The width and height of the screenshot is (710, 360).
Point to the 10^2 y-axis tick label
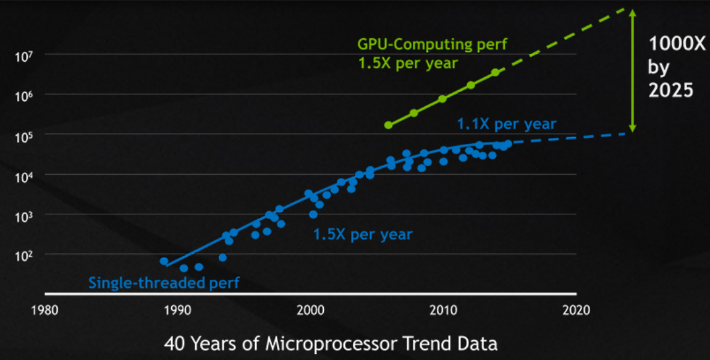(23, 256)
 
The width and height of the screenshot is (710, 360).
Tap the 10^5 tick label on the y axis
(23, 136)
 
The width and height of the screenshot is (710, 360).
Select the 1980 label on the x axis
(46, 309)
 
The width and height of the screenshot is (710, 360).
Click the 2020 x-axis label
(575, 309)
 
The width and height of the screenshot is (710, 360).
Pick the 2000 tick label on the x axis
(310, 309)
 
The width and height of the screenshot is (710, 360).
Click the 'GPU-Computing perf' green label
(433, 44)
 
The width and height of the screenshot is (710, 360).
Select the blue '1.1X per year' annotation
(507, 123)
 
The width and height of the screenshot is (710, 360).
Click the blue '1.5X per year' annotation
(363, 235)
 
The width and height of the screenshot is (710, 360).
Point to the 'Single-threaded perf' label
(163, 283)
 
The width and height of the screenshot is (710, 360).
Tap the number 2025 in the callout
(670, 90)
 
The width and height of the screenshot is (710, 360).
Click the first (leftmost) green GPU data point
(388, 125)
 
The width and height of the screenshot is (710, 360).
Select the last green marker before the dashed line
(495, 72)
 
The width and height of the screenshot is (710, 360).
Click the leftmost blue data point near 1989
(164, 261)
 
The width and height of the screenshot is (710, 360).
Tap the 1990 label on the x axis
(178, 309)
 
